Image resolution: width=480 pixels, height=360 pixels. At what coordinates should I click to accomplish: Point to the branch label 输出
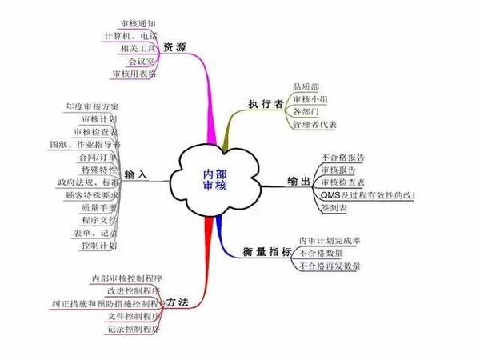pos(298,181)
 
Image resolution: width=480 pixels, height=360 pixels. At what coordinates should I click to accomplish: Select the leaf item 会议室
pos(142,61)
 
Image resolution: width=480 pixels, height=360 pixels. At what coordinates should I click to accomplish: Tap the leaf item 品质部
pos(306,86)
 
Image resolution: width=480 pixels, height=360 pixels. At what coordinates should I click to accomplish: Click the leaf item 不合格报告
pos(343,157)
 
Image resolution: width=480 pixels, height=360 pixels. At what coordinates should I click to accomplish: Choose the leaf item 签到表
pos(334,207)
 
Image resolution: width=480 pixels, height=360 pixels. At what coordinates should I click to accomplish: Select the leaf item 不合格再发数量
pos(329,266)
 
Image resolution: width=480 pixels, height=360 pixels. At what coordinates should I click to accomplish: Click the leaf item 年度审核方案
pos(95,106)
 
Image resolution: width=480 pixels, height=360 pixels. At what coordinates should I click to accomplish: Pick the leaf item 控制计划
pos(102,246)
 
